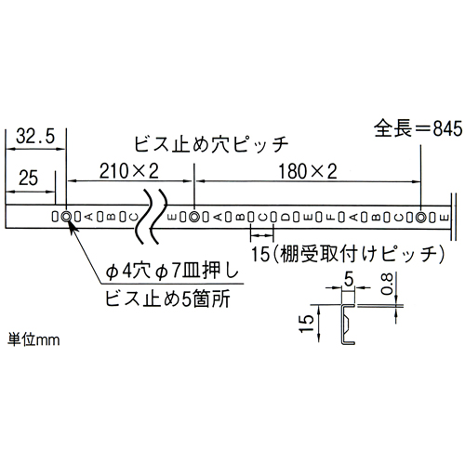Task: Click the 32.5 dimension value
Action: click(35, 137)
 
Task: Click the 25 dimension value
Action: click(28, 178)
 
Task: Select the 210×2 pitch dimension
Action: click(129, 171)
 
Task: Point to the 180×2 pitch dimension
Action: click(308, 172)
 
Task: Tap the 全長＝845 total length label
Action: click(418, 128)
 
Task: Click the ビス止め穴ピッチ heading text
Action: click(211, 144)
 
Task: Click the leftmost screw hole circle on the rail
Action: click(66, 217)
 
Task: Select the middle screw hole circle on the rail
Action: click(194, 217)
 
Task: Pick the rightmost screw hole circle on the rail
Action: click(420, 218)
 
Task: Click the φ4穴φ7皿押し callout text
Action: click(172, 272)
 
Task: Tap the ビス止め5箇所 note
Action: click(167, 299)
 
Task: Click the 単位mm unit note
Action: click(33, 339)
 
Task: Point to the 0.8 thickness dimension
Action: click(388, 285)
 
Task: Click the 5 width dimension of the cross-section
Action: click(349, 280)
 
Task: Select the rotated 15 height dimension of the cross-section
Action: click(307, 324)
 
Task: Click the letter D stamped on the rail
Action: click(285, 218)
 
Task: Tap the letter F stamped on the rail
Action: click(330, 218)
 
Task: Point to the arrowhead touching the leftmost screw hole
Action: click(71, 225)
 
